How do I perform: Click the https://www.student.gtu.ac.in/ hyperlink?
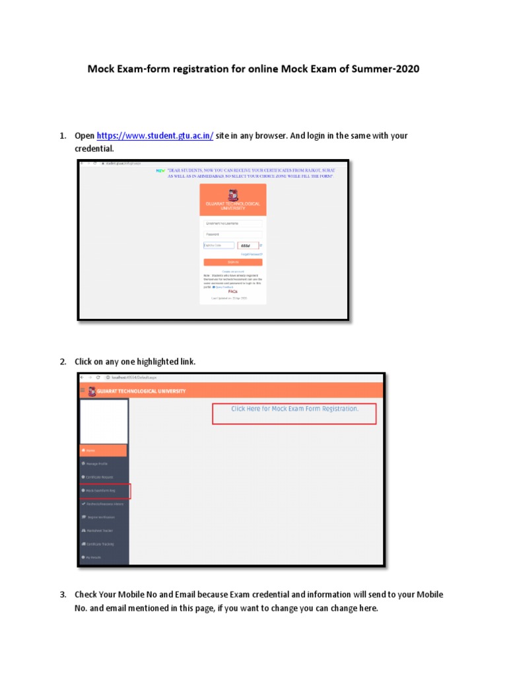click(x=155, y=135)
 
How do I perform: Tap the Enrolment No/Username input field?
click(x=232, y=223)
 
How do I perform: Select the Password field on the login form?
click(x=232, y=234)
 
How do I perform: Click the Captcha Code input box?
click(x=219, y=245)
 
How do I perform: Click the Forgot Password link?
click(x=252, y=254)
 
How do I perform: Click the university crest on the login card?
click(x=232, y=195)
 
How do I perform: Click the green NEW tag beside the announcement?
click(x=160, y=170)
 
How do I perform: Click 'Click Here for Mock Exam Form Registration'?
click(x=294, y=409)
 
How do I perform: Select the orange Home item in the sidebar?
click(x=104, y=450)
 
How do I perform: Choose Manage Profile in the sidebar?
click(x=104, y=464)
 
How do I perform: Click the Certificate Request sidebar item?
click(x=104, y=477)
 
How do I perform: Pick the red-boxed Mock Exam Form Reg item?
click(x=104, y=490)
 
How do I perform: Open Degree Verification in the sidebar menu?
click(x=104, y=517)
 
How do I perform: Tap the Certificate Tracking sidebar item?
click(x=104, y=544)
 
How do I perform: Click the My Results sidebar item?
click(x=104, y=557)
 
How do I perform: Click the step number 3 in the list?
click(x=63, y=595)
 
